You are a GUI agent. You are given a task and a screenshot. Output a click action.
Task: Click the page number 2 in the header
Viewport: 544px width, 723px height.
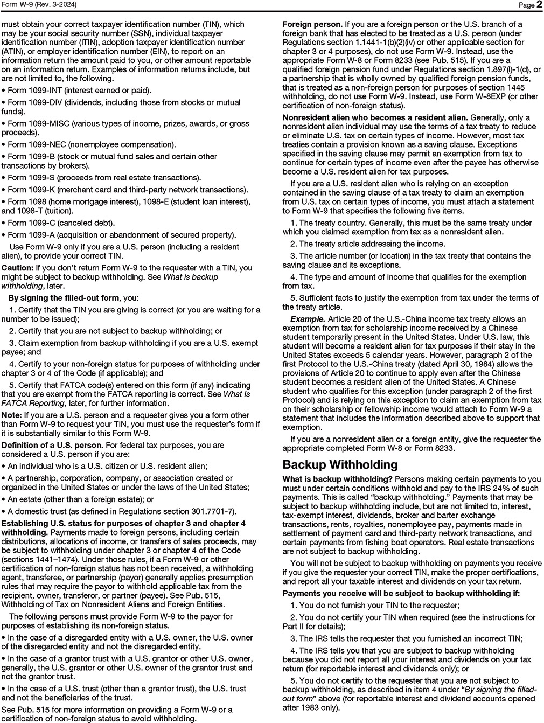click(x=539, y=5)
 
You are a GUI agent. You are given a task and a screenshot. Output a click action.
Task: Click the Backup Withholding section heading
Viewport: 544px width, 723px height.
click(x=340, y=464)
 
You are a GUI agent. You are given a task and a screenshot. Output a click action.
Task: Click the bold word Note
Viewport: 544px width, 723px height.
click(x=11, y=415)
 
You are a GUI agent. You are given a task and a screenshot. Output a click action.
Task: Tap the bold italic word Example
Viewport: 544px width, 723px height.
click(x=308, y=319)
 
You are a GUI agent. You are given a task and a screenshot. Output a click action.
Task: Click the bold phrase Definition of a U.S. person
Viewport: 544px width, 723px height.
click(x=52, y=446)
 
